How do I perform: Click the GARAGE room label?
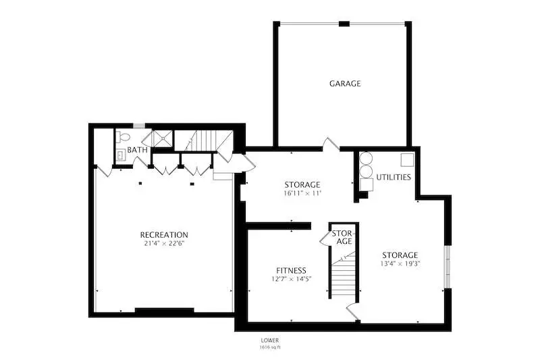coord(345,83)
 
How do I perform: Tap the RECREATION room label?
coord(164,235)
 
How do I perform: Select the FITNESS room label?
coord(291,271)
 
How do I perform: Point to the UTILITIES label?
coord(394,177)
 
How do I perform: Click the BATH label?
coord(137,150)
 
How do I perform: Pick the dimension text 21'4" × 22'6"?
coord(164,244)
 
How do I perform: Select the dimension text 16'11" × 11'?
coord(302,193)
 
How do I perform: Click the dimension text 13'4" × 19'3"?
coord(400,264)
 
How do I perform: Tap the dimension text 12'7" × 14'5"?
coord(292,279)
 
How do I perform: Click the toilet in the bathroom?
coord(123,137)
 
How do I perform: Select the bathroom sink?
coord(121,155)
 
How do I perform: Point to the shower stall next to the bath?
coord(163,138)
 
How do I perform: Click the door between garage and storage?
coord(331,145)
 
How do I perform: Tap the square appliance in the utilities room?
coord(407,160)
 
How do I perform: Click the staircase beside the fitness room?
coord(343,274)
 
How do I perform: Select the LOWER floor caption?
coord(269,340)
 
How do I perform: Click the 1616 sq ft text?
coord(270,347)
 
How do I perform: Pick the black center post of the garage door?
coord(344,24)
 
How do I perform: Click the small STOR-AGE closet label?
coord(342,237)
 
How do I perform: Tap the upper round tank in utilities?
coord(366,159)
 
